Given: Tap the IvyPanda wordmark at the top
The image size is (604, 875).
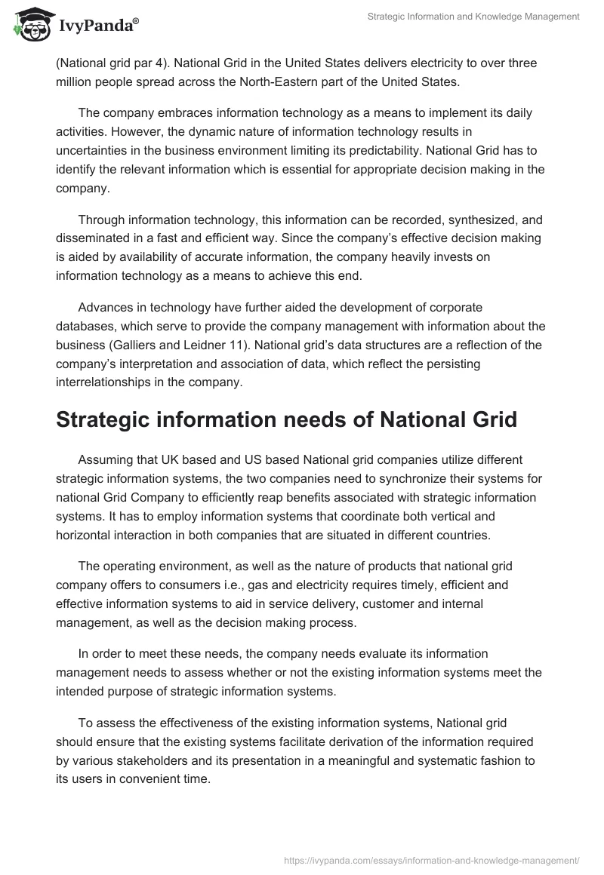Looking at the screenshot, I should (98, 26).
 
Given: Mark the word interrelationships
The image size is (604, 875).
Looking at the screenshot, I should (106, 382).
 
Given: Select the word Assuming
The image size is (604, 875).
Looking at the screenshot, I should (105, 459).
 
